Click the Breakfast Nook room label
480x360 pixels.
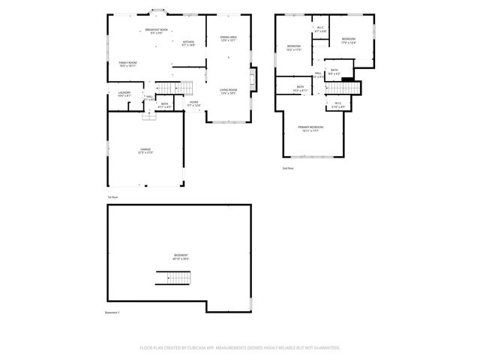coord(157,31)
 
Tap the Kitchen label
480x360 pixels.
coord(188,43)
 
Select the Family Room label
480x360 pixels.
coord(127,64)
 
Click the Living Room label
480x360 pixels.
coord(228,91)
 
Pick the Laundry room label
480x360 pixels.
coord(124,94)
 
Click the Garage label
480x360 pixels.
coord(145,150)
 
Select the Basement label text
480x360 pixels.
coord(181,256)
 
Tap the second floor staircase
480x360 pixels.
coord(351,88)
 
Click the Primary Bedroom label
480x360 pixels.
coord(310,128)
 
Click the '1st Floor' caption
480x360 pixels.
coord(112,196)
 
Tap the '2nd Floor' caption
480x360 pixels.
coord(287,169)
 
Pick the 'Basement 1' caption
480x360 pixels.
coord(112,312)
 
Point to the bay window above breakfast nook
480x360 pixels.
coord(158,10)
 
